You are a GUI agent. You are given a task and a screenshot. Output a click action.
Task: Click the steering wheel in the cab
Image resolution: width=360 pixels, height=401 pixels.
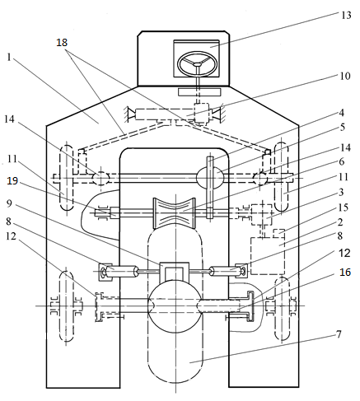(198, 64)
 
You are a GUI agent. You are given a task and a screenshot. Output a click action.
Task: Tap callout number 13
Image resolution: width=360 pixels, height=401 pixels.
(346, 15)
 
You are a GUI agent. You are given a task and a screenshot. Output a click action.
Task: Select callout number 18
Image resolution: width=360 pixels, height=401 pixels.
(62, 43)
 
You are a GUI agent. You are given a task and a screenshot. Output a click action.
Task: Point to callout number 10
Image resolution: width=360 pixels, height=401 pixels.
(345, 76)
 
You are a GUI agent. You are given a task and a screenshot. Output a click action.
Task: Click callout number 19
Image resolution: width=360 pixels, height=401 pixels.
(12, 181)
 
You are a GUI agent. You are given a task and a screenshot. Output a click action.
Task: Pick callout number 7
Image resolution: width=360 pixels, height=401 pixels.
(339, 334)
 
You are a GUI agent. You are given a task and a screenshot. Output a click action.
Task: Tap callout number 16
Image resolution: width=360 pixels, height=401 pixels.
(345, 272)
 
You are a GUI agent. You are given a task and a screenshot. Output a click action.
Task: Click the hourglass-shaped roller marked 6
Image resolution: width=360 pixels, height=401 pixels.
(175, 212)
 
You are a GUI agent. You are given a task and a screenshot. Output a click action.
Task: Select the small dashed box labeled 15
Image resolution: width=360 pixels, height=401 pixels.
(278, 233)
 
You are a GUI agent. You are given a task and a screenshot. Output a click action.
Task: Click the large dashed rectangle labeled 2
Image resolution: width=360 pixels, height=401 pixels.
(268, 256)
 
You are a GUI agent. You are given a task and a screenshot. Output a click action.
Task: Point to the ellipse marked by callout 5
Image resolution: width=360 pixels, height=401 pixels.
(210, 177)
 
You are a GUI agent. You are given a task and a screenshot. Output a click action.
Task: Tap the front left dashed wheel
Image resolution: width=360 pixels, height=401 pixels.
(67, 178)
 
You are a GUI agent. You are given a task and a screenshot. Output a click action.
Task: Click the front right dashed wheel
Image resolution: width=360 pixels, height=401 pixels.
(281, 177)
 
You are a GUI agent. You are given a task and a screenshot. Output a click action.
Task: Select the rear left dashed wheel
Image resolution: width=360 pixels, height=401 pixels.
(67, 306)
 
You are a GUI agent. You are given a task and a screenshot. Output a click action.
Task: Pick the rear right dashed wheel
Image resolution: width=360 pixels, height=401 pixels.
(283, 309)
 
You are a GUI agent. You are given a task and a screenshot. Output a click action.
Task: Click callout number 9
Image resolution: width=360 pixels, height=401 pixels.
(9, 203)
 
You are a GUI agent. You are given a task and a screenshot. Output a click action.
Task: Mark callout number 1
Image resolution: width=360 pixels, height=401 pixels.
(9, 57)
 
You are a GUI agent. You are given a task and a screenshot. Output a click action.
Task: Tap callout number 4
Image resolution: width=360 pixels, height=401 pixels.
(341, 113)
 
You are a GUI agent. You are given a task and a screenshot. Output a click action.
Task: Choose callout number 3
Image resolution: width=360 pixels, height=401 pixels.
(341, 192)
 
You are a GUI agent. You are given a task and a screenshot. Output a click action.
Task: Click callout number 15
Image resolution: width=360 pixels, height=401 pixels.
(344, 207)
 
